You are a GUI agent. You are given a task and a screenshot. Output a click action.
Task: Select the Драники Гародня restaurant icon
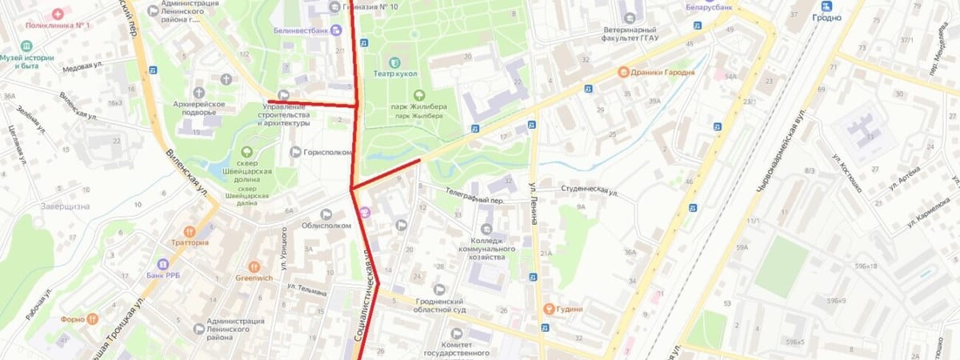621,71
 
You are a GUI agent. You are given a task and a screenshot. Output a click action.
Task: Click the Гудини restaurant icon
549,309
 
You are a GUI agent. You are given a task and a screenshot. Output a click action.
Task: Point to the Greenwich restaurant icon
254,266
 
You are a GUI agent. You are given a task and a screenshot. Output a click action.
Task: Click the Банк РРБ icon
162,264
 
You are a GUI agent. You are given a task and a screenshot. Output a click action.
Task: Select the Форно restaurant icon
93,318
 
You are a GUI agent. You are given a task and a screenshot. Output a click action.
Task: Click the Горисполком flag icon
294,152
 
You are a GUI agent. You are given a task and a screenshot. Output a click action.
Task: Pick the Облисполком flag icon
326,214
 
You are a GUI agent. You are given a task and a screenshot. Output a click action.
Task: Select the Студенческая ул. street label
590,192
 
